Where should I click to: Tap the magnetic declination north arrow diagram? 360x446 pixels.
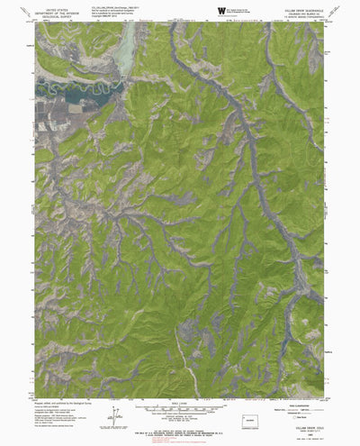click(x=114, y=415)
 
